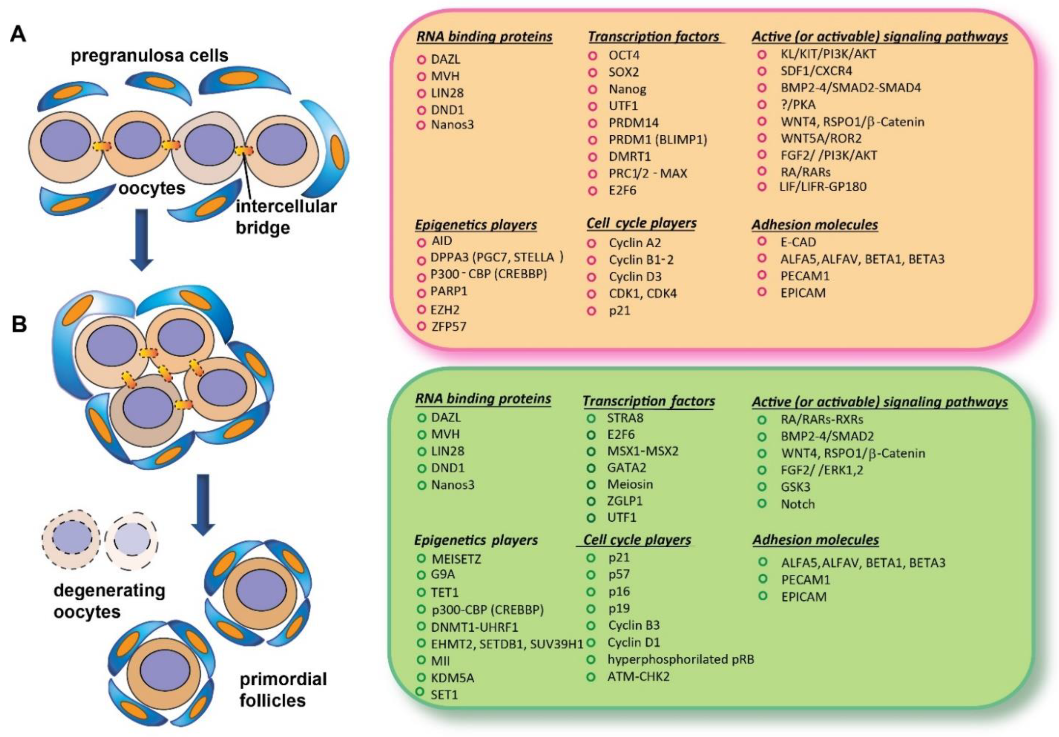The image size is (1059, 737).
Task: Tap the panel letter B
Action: coord(19,324)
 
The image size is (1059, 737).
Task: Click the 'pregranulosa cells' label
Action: coord(149,56)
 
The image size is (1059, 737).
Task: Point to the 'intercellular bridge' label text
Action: coord(286,217)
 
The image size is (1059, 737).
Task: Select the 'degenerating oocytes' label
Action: coord(109,601)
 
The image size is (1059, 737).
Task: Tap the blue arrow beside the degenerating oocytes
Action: coord(203,504)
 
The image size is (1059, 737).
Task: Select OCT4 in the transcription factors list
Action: coord(624,55)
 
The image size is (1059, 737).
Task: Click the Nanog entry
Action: coord(627,89)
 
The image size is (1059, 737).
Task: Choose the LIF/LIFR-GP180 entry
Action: coord(823,187)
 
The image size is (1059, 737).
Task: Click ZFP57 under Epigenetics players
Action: coord(449,327)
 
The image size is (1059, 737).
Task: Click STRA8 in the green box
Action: coord(625,418)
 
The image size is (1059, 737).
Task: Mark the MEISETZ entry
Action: coord(456,559)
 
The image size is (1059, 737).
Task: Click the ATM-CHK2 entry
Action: coord(638,676)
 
